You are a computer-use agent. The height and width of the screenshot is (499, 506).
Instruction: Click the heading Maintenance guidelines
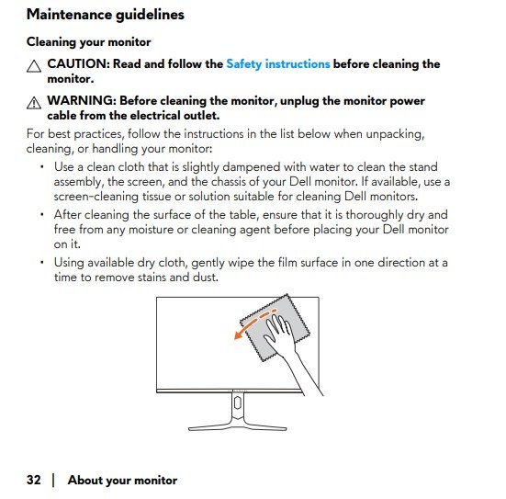point(106,15)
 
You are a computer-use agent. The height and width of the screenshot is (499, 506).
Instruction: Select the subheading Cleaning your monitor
point(89,42)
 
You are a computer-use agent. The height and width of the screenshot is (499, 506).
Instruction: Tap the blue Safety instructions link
point(278,64)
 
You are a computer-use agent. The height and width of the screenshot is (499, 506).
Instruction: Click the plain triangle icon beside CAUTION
point(34,66)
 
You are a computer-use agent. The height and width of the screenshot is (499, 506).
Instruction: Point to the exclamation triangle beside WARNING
point(34,103)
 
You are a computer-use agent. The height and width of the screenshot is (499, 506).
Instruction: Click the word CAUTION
point(78,63)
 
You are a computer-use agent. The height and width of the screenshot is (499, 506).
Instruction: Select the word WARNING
point(82,100)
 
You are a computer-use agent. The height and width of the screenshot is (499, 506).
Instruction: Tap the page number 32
point(34,480)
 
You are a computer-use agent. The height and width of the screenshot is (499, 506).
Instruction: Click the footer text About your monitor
point(122,481)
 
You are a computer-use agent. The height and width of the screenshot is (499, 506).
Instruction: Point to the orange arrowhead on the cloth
point(238,335)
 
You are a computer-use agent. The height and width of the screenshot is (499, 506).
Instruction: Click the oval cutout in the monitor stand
point(238,403)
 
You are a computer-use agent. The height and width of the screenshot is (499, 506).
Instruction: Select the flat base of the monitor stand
point(238,428)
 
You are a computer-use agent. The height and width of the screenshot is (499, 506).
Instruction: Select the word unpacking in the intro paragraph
point(395,134)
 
